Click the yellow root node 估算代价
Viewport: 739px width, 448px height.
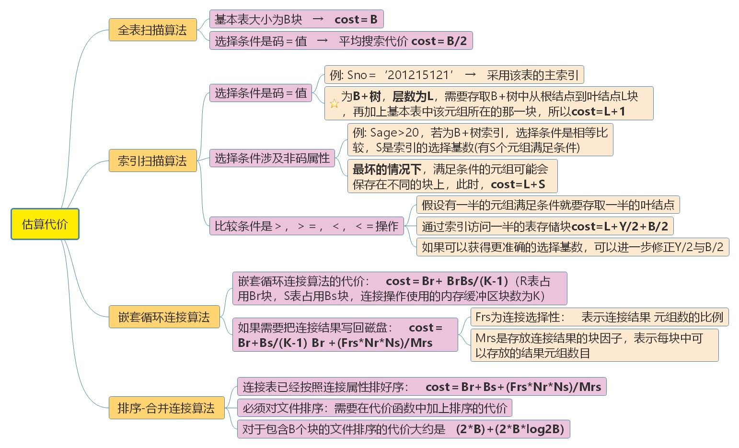(45, 224)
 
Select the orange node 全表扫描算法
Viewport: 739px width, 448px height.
(152, 30)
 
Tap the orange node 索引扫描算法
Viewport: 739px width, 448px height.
(152, 161)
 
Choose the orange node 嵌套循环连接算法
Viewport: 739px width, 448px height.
(164, 317)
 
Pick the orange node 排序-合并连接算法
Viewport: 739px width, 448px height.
(166, 408)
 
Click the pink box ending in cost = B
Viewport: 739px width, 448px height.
(296, 19)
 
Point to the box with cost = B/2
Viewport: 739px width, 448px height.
(341, 41)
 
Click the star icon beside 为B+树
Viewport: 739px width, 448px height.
(334, 103)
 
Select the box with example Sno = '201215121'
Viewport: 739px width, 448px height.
(454, 75)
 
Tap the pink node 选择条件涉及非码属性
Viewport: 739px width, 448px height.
(272, 158)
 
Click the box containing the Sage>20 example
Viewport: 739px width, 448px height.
(480, 140)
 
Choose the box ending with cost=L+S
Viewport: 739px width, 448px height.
(452, 176)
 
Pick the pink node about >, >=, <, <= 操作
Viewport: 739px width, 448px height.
(306, 226)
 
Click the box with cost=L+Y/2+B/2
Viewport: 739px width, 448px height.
(545, 226)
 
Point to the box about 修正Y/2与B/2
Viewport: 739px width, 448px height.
(572, 247)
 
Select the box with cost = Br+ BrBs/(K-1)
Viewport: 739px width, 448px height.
(399, 288)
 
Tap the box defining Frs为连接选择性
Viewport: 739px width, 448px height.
(599, 317)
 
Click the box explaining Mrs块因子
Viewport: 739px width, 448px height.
(594, 345)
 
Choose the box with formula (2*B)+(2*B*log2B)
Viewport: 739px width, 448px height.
(403, 429)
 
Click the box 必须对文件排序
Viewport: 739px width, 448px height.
(374, 408)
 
